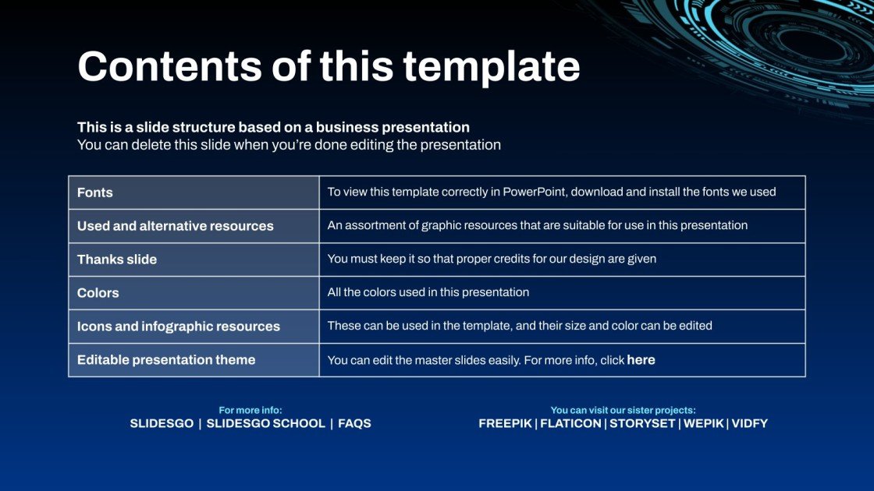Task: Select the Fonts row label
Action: (x=95, y=193)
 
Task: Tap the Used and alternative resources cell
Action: (x=176, y=226)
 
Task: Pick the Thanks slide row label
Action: (x=117, y=260)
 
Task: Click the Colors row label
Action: (x=98, y=293)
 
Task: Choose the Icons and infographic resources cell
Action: (x=179, y=327)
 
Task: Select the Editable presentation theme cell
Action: (x=166, y=360)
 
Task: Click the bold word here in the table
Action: (x=641, y=360)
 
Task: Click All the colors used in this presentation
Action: (x=428, y=292)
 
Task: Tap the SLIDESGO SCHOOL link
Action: (x=265, y=424)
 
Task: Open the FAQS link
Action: (x=354, y=424)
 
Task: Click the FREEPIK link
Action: (x=505, y=424)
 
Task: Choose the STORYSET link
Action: (x=641, y=424)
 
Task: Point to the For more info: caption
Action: (x=250, y=410)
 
